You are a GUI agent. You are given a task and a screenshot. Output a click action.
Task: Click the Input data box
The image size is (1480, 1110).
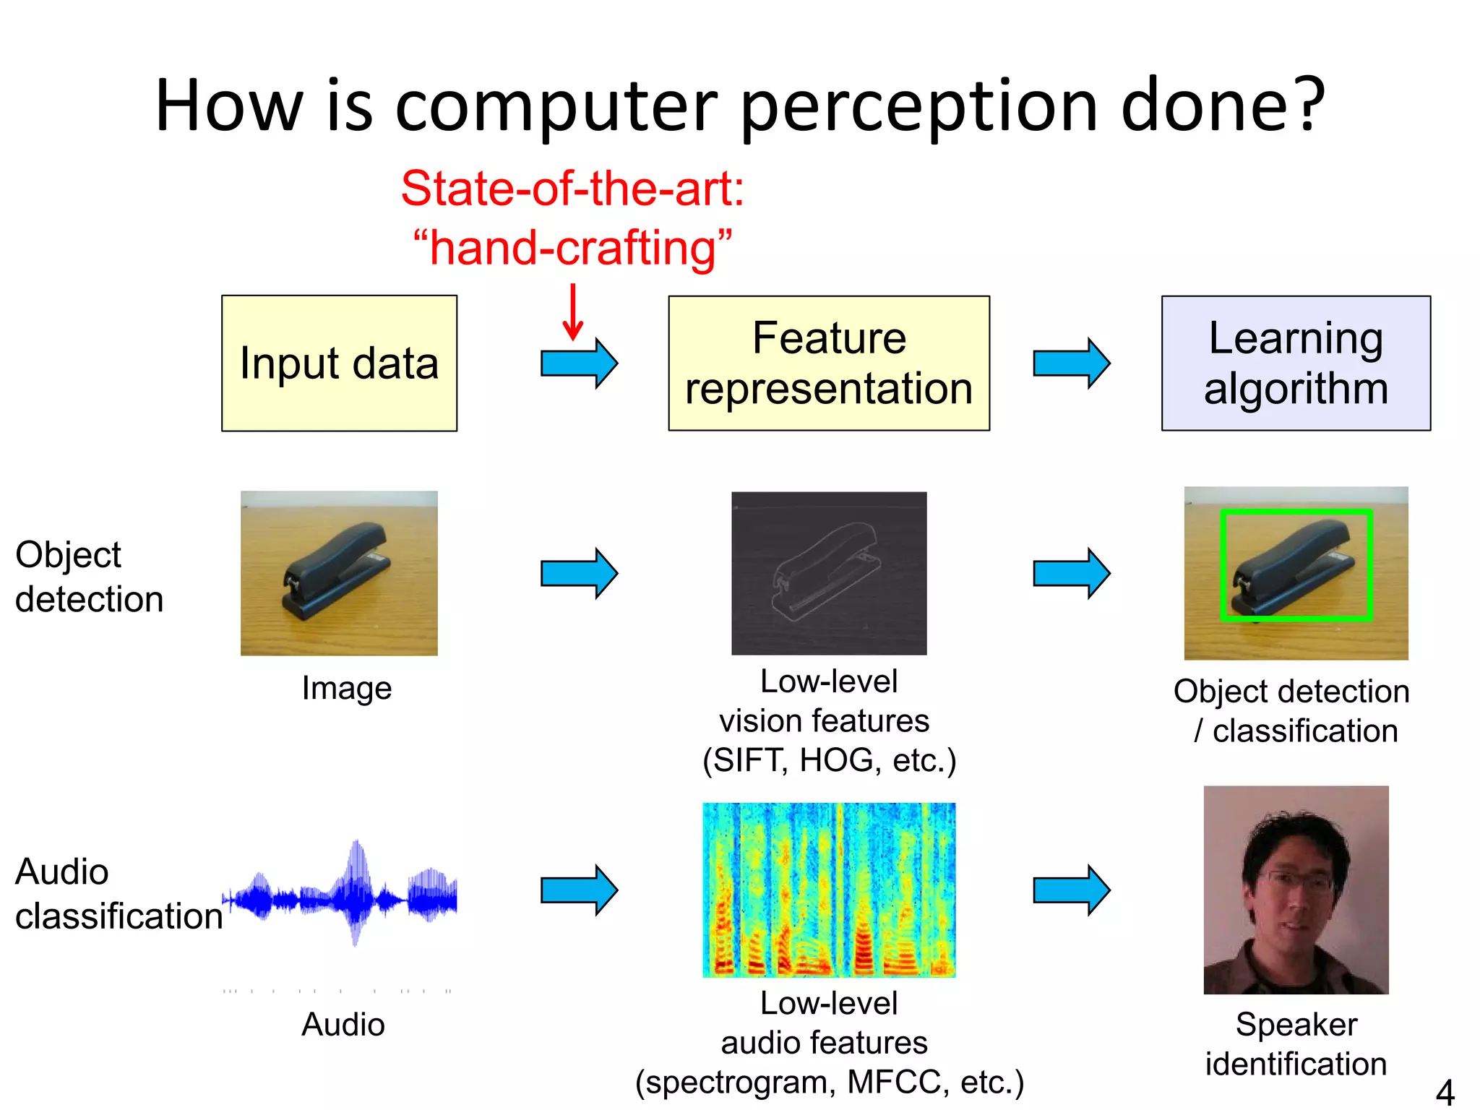click(x=339, y=363)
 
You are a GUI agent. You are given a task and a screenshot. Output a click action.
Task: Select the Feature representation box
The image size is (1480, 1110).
click(x=829, y=363)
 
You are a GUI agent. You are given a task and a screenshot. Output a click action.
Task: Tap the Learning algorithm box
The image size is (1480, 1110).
click(x=1296, y=363)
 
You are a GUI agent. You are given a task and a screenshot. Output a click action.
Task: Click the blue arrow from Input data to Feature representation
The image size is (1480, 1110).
click(x=579, y=363)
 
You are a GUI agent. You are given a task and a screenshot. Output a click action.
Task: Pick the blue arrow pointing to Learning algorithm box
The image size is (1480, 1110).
click(x=1071, y=363)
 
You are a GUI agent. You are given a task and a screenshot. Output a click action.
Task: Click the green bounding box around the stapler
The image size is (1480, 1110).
click(x=1296, y=512)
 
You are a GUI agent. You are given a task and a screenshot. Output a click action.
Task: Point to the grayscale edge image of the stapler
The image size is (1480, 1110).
click(x=829, y=573)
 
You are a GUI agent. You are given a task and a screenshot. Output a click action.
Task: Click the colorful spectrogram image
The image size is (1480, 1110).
click(x=829, y=890)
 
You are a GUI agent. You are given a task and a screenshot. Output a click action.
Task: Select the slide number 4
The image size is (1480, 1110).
click(x=1445, y=1092)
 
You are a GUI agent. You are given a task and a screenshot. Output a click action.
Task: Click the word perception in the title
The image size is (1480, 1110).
click(x=918, y=107)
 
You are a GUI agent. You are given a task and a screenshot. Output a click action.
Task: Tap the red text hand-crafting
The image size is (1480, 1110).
click(x=572, y=248)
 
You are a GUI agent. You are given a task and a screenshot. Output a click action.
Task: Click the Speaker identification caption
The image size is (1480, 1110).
click(x=1296, y=1044)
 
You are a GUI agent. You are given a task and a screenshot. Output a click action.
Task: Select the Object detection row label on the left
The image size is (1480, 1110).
click(x=89, y=577)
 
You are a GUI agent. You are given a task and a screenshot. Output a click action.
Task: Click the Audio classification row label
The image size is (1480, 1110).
click(x=118, y=894)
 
